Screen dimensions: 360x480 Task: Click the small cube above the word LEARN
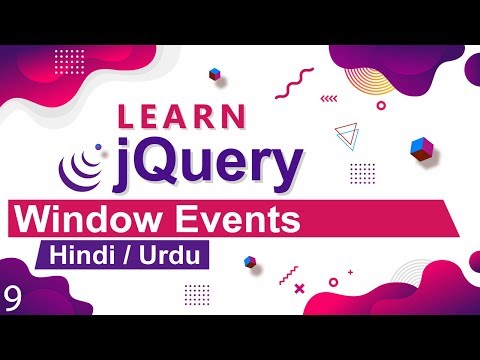click(214, 74)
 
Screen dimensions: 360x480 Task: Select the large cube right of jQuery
click(421, 148)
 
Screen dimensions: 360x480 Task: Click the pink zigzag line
click(289, 272)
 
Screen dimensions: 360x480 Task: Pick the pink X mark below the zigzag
click(298, 290)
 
